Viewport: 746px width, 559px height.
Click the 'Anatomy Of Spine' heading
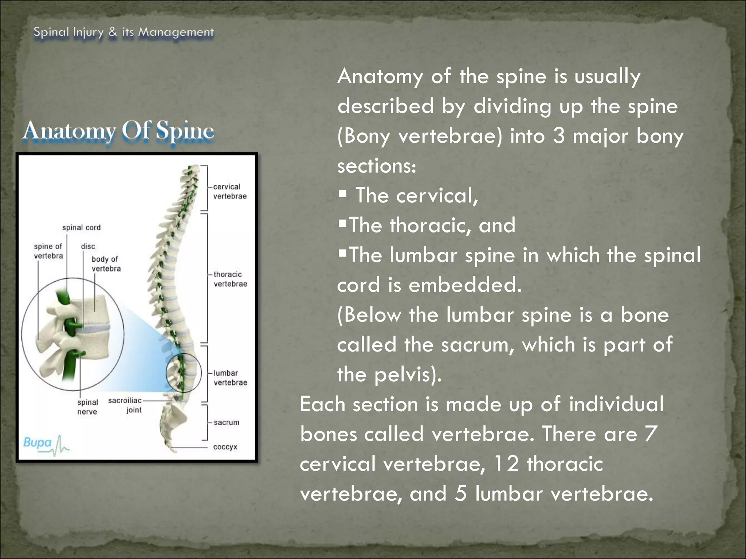[118, 131]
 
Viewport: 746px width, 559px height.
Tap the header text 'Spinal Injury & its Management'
[123, 32]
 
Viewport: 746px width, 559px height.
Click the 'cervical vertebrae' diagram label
[229, 191]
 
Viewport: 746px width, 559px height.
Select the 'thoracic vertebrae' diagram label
[230, 279]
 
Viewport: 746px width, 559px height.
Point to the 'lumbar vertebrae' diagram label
[230, 378]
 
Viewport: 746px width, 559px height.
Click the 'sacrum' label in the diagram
[226, 423]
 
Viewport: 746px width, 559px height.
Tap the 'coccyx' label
[225, 447]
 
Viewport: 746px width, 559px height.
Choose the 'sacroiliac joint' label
[125, 405]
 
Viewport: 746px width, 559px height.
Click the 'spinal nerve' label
[87, 407]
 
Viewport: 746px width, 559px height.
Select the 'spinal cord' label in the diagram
[81, 228]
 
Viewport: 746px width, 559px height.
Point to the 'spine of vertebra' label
[48, 251]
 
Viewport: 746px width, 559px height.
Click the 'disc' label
[88, 247]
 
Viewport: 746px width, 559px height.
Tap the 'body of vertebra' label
[106, 264]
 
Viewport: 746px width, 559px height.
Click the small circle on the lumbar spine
[184, 373]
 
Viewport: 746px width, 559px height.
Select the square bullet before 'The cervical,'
[342, 193]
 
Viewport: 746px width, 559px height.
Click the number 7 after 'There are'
[651, 434]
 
